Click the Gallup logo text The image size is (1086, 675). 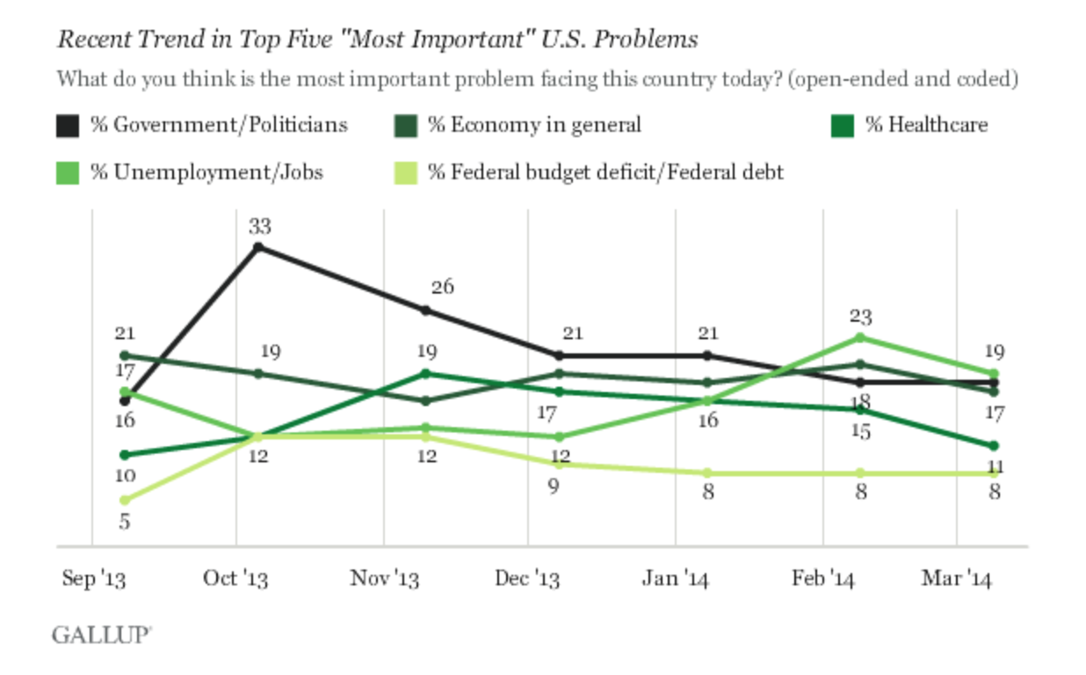(x=100, y=635)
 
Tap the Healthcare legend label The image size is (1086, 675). (x=926, y=125)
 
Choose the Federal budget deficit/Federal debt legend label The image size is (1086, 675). (x=605, y=171)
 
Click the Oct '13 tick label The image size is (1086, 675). (x=235, y=578)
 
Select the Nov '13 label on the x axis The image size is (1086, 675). (x=384, y=578)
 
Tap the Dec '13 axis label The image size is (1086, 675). (x=527, y=578)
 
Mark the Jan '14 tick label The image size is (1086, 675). (x=675, y=578)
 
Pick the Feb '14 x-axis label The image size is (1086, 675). (x=823, y=578)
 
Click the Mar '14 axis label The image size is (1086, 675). (x=956, y=578)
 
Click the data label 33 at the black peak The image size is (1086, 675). (x=259, y=227)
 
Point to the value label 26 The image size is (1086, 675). (x=442, y=287)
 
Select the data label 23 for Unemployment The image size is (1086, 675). (x=860, y=316)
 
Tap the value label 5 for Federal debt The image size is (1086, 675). (x=125, y=521)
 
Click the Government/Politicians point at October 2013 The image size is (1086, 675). (x=257, y=247)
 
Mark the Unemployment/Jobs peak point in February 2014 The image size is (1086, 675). (x=860, y=337)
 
